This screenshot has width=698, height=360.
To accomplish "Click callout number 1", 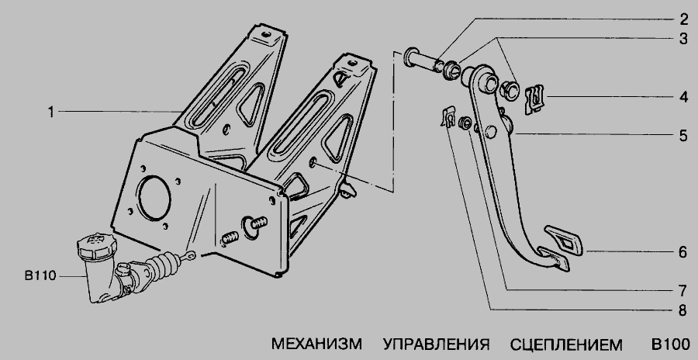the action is click(x=51, y=112).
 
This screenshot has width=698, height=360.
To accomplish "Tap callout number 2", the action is click(x=683, y=19).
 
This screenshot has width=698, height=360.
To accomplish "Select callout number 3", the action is click(x=683, y=38).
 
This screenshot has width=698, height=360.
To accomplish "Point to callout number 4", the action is click(x=683, y=97).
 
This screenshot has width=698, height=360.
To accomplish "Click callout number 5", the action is click(x=683, y=135).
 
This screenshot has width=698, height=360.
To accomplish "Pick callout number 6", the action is click(x=683, y=252).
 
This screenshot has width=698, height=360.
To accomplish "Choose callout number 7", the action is click(x=683, y=290).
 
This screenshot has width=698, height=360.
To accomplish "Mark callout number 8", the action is click(x=683, y=310).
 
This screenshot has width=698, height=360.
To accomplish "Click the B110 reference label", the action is click(x=40, y=276).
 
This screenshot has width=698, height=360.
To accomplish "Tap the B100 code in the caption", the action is click(x=670, y=344).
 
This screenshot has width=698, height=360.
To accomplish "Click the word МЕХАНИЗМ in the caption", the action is click(x=316, y=344).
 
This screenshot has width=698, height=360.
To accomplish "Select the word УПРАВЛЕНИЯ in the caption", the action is click(x=436, y=344).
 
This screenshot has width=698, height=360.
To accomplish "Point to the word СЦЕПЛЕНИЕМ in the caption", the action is click(x=566, y=344).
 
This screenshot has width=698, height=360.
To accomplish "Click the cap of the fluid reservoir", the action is click(x=97, y=245).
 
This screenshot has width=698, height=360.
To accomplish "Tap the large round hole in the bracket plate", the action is click(x=154, y=198).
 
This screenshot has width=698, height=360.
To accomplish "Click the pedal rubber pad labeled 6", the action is click(x=563, y=240).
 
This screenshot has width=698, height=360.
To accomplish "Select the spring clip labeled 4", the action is click(x=534, y=99).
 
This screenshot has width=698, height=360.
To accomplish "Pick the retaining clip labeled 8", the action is click(x=449, y=116).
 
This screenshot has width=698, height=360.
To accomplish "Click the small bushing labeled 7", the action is click(x=465, y=123).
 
